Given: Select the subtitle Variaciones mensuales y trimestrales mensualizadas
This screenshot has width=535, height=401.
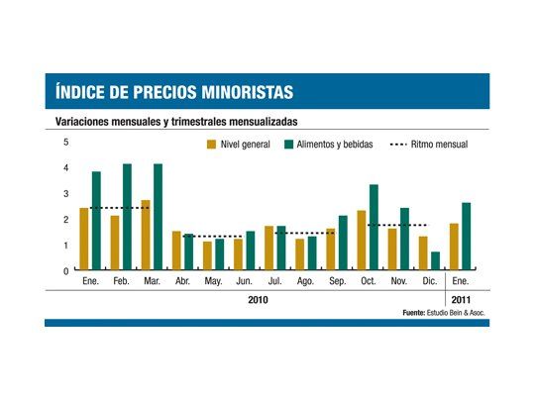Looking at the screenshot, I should [173, 122].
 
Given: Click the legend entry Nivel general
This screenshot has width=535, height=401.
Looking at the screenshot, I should [237, 145].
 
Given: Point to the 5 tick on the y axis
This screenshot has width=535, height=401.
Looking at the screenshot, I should [66, 143].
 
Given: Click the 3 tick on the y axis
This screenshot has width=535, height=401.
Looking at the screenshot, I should [66, 194].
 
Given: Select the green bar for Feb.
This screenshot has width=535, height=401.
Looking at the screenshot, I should [127, 217].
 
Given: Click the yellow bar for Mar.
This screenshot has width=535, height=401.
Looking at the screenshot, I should [146, 235].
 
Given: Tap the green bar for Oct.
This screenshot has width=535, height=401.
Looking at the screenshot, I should [374, 227].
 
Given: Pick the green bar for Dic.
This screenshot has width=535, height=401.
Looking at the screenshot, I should [435, 260].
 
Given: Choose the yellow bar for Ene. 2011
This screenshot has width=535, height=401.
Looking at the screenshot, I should [454, 247].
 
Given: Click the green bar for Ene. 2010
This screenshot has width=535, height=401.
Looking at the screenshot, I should [96, 221].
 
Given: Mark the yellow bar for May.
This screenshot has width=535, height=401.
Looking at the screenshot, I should [207, 255].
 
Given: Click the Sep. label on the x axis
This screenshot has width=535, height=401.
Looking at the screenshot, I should [338, 281].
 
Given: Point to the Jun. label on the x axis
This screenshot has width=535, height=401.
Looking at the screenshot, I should [245, 281].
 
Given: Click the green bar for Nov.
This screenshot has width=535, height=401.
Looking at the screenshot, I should [404, 239].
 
